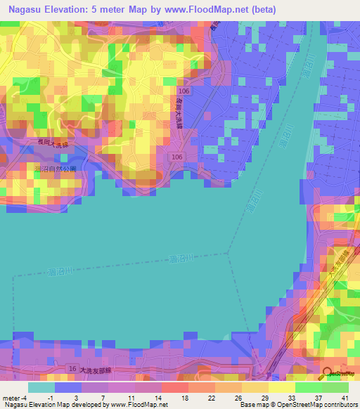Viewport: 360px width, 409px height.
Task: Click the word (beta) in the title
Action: click(262, 10)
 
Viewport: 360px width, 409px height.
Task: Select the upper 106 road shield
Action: click(184, 92)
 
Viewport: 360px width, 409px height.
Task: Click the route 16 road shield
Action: click(72, 368)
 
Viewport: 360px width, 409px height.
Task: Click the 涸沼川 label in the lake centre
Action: click(187, 259)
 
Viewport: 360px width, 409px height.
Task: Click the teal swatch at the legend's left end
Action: click(41, 387)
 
